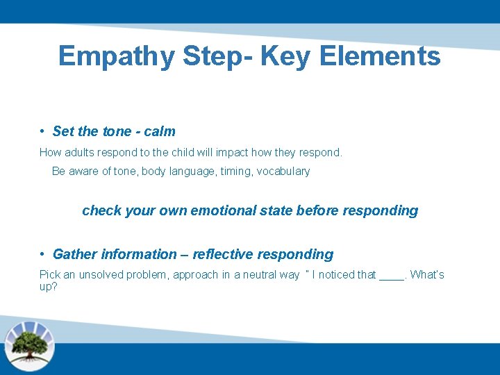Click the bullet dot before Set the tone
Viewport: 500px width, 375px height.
click(43, 131)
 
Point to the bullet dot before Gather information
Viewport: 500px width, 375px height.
click(43, 254)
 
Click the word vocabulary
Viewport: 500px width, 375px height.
click(283, 172)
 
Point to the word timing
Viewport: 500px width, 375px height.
click(235, 172)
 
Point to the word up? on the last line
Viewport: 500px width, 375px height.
click(49, 286)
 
